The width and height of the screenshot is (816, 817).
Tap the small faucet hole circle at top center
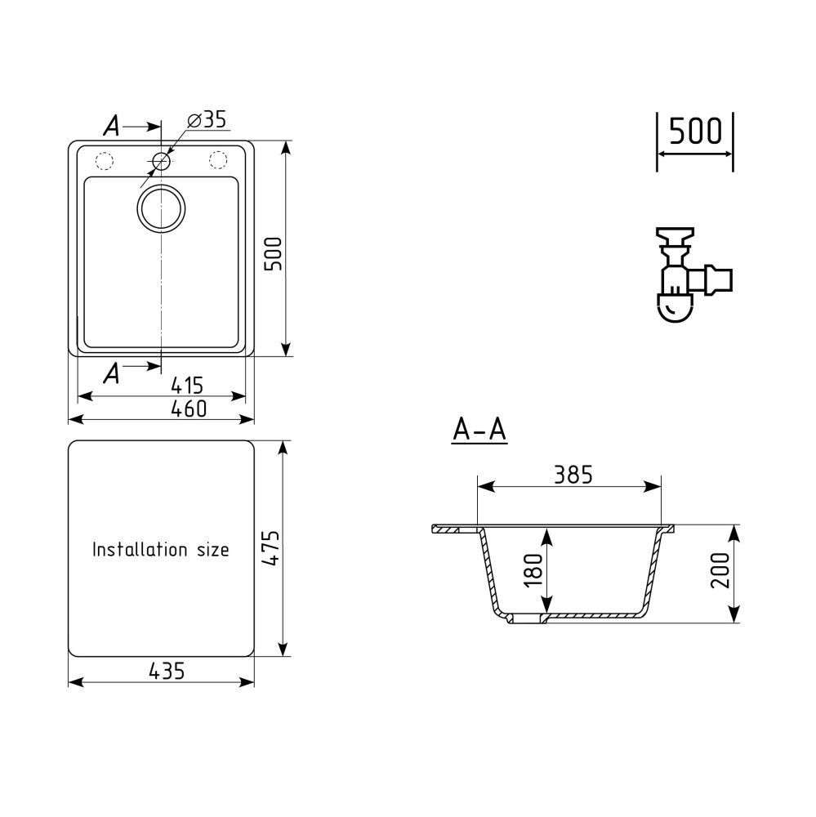coord(162,160)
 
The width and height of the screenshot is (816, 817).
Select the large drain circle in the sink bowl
coord(162,208)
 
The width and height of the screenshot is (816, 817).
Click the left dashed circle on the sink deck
coord(105,160)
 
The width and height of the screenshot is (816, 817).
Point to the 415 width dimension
coord(187,384)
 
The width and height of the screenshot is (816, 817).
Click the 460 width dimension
coord(187,408)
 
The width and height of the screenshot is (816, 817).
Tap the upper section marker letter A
coord(112,126)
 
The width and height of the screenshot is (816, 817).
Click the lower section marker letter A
coord(112,373)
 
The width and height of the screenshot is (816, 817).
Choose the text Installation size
coord(160,550)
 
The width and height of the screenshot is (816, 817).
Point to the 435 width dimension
coord(167,671)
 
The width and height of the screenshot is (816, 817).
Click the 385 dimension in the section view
coord(572,474)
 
